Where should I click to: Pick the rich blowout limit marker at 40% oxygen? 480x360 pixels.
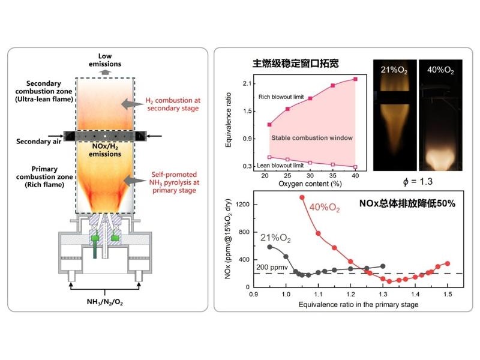[356, 79]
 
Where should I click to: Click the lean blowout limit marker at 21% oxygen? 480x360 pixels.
[269, 157]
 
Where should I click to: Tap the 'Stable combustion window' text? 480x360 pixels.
[312, 138]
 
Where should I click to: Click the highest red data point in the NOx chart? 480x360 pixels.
[302, 197]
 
